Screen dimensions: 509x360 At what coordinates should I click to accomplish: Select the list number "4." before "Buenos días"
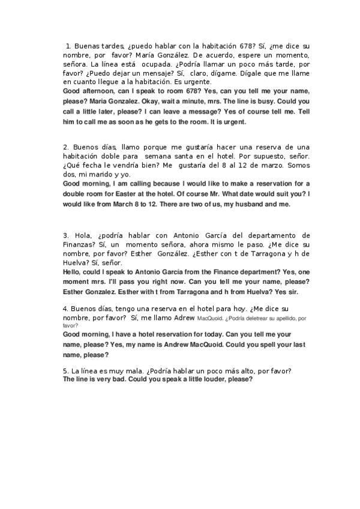pyautogui.click(x=65, y=309)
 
